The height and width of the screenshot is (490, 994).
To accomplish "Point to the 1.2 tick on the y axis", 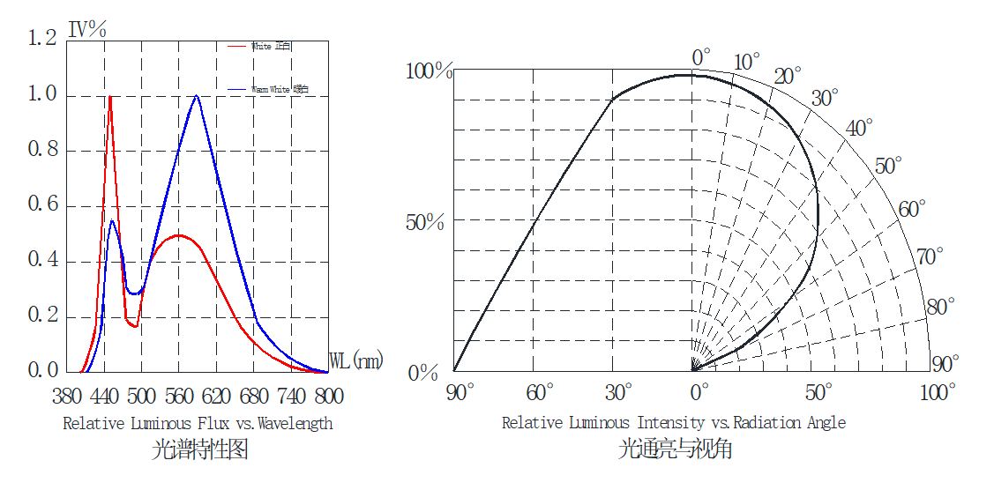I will [x=42, y=38].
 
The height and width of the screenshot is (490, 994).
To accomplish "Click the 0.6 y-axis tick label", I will [x=42, y=204].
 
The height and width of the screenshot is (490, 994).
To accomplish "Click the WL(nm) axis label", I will [x=356, y=361].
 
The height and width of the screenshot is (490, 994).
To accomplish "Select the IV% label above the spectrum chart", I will [x=87, y=29].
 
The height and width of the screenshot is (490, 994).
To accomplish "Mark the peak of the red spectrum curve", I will [x=109, y=96].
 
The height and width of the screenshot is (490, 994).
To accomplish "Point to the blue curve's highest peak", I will [x=196, y=96].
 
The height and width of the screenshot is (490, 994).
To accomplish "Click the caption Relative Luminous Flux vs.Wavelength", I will [x=198, y=424].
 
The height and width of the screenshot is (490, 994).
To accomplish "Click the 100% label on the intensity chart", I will [x=429, y=71].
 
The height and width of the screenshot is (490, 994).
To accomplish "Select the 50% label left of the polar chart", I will [x=425, y=223].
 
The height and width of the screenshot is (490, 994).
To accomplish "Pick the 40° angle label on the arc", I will [x=859, y=129].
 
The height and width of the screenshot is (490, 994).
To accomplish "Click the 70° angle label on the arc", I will [x=930, y=256].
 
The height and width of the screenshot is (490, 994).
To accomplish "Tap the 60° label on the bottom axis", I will [x=539, y=391].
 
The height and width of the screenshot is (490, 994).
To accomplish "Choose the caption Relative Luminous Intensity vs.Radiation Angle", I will [x=674, y=423].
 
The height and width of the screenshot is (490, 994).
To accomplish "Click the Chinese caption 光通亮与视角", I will [x=675, y=450].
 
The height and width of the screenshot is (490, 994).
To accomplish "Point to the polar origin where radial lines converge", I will [x=694, y=369].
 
